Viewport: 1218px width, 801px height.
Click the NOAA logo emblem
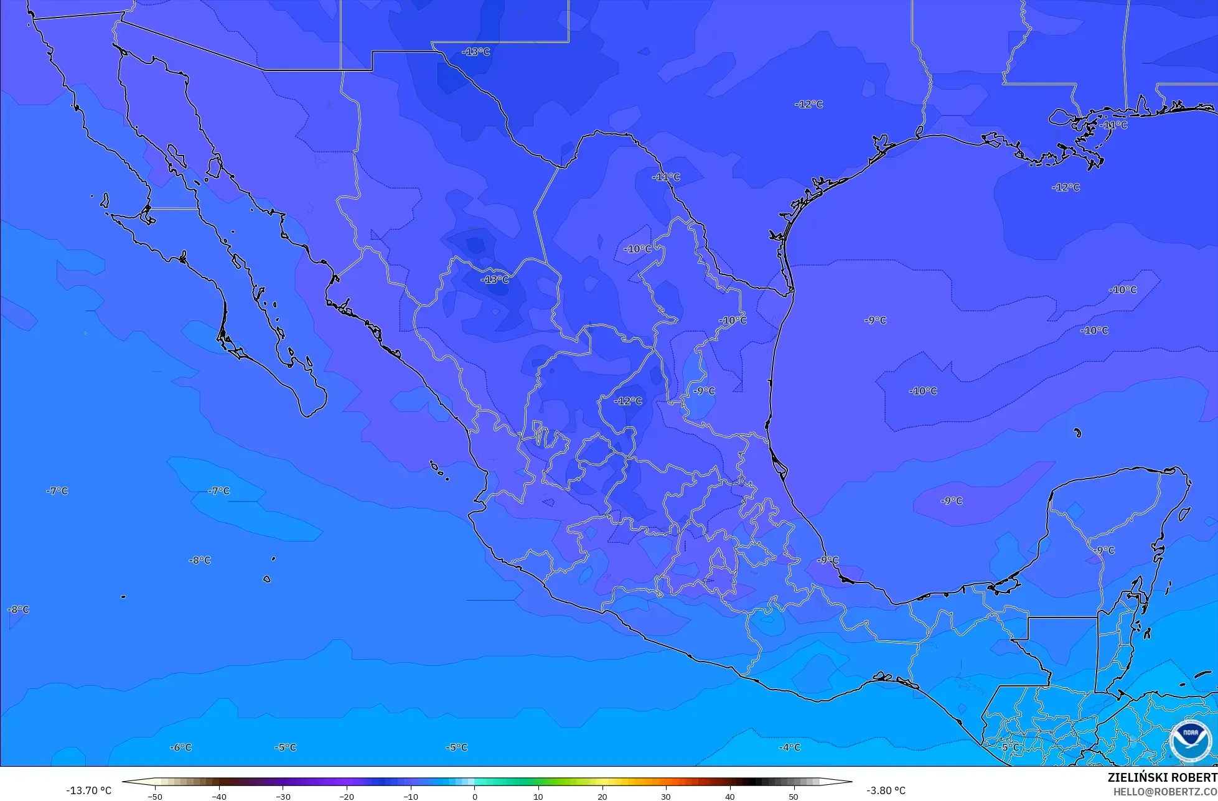[x=1190, y=741]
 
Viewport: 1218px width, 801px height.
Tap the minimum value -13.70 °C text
[x=89, y=790]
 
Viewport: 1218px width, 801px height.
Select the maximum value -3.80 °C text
[x=886, y=790]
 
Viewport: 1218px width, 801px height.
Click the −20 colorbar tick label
[x=347, y=796]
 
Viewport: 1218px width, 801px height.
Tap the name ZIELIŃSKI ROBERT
[x=1162, y=777]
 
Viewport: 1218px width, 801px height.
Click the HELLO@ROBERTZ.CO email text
[x=1165, y=791]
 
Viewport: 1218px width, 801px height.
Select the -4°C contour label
[x=790, y=747]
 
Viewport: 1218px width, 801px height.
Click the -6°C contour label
[x=180, y=747]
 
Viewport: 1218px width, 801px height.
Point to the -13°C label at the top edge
[x=476, y=52]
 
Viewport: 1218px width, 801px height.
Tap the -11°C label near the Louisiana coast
[x=1113, y=125]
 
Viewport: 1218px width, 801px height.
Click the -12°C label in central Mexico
[x=628, y=401]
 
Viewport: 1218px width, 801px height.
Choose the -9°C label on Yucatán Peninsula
[x=1103, y=550]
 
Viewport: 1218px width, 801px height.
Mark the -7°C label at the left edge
[x=57, y=490]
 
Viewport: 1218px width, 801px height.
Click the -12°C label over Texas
[x=808, y=104]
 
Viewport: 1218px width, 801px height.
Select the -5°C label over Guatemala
[x=1010, y=747]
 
